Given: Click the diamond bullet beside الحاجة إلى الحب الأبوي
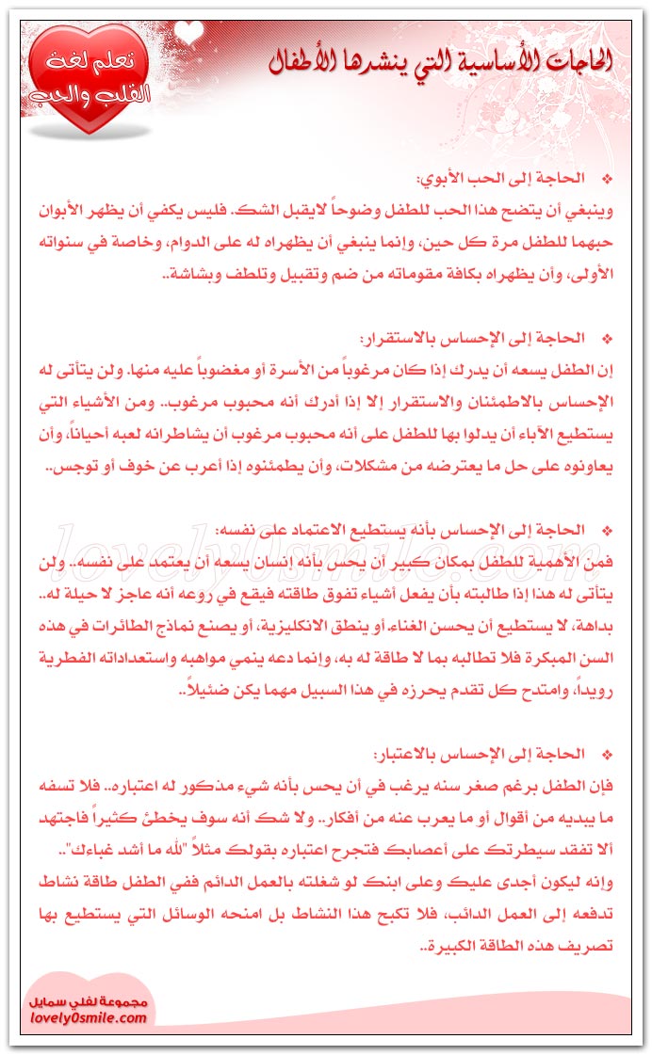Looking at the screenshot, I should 606,178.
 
